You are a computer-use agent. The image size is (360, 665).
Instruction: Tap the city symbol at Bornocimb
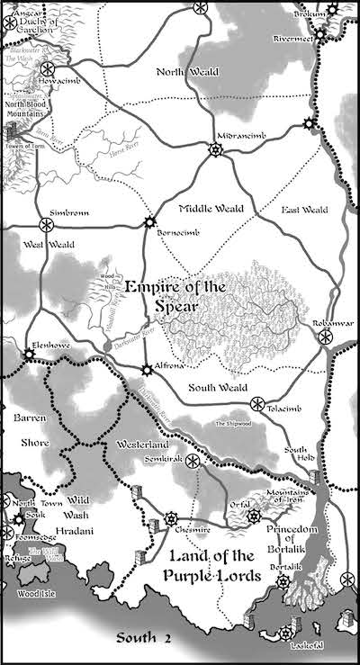click(149, 222)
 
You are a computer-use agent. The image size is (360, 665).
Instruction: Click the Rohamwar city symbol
click(326, 337)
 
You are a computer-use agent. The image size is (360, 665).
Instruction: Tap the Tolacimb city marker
click(257, 402)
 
